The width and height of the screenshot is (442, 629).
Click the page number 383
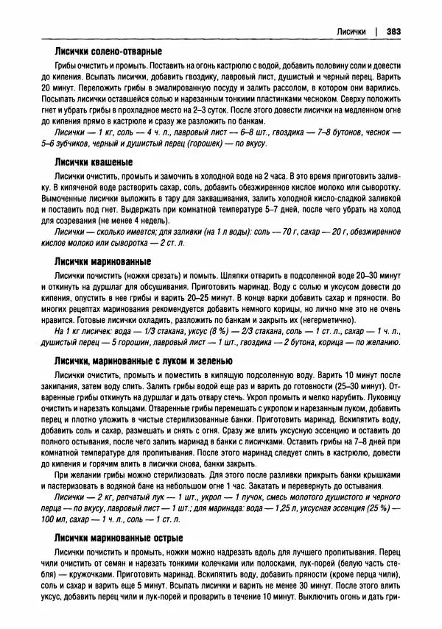(x=393, y=32)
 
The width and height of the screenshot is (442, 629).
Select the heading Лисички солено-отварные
(x=107, y=53)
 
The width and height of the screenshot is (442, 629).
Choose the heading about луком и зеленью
(x=144, y=361)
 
